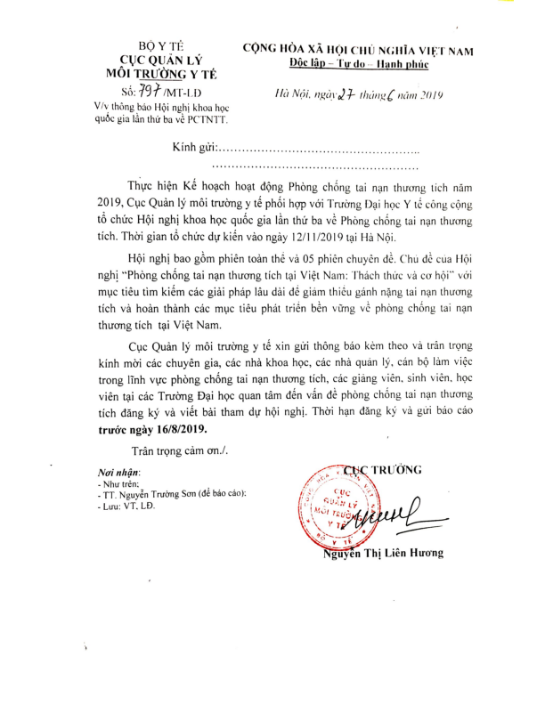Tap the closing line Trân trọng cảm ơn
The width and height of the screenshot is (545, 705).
179,450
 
